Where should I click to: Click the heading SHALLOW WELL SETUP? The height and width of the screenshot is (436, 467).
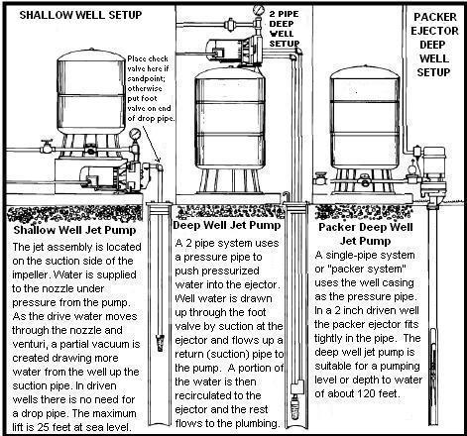(80, 15)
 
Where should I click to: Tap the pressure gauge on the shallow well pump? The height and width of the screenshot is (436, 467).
(135, 134)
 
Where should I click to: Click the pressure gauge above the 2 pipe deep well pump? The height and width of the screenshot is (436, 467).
(258, 9)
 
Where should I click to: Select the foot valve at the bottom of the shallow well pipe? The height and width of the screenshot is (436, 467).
(161, 343)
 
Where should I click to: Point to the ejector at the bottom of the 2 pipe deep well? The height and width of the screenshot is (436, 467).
(296, 400)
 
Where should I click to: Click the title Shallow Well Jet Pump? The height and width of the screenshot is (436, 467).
(74, 230)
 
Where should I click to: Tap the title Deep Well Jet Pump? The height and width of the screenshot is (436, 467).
(227, 225)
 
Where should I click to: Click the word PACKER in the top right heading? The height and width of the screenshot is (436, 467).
(435, 17)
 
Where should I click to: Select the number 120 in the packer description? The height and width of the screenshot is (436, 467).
(365, 393)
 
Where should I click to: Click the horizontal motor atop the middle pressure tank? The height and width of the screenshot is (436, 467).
(228, 52)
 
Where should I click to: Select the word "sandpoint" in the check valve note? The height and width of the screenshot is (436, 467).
(145, 78)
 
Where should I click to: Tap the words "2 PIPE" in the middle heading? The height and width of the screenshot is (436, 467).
(284, 14)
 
